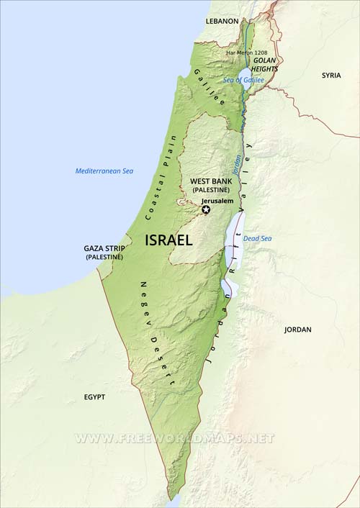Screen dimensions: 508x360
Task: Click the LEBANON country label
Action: point(222,22)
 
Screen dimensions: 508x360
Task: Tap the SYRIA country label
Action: point(331,75)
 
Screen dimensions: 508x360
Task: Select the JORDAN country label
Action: point(298,330)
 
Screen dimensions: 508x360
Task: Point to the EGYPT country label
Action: point(94,396)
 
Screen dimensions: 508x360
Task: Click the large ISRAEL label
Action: point(169,240)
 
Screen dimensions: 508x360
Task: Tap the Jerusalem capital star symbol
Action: point(207,209)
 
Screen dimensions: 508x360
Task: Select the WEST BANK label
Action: point(210,181)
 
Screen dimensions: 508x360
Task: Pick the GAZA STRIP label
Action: point(104,248)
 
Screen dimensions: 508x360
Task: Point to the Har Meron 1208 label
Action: point(246,53)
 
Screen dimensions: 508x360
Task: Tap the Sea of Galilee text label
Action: point(243,81)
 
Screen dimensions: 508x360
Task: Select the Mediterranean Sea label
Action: point(104,171)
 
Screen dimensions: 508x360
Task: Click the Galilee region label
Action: point(209,88)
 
